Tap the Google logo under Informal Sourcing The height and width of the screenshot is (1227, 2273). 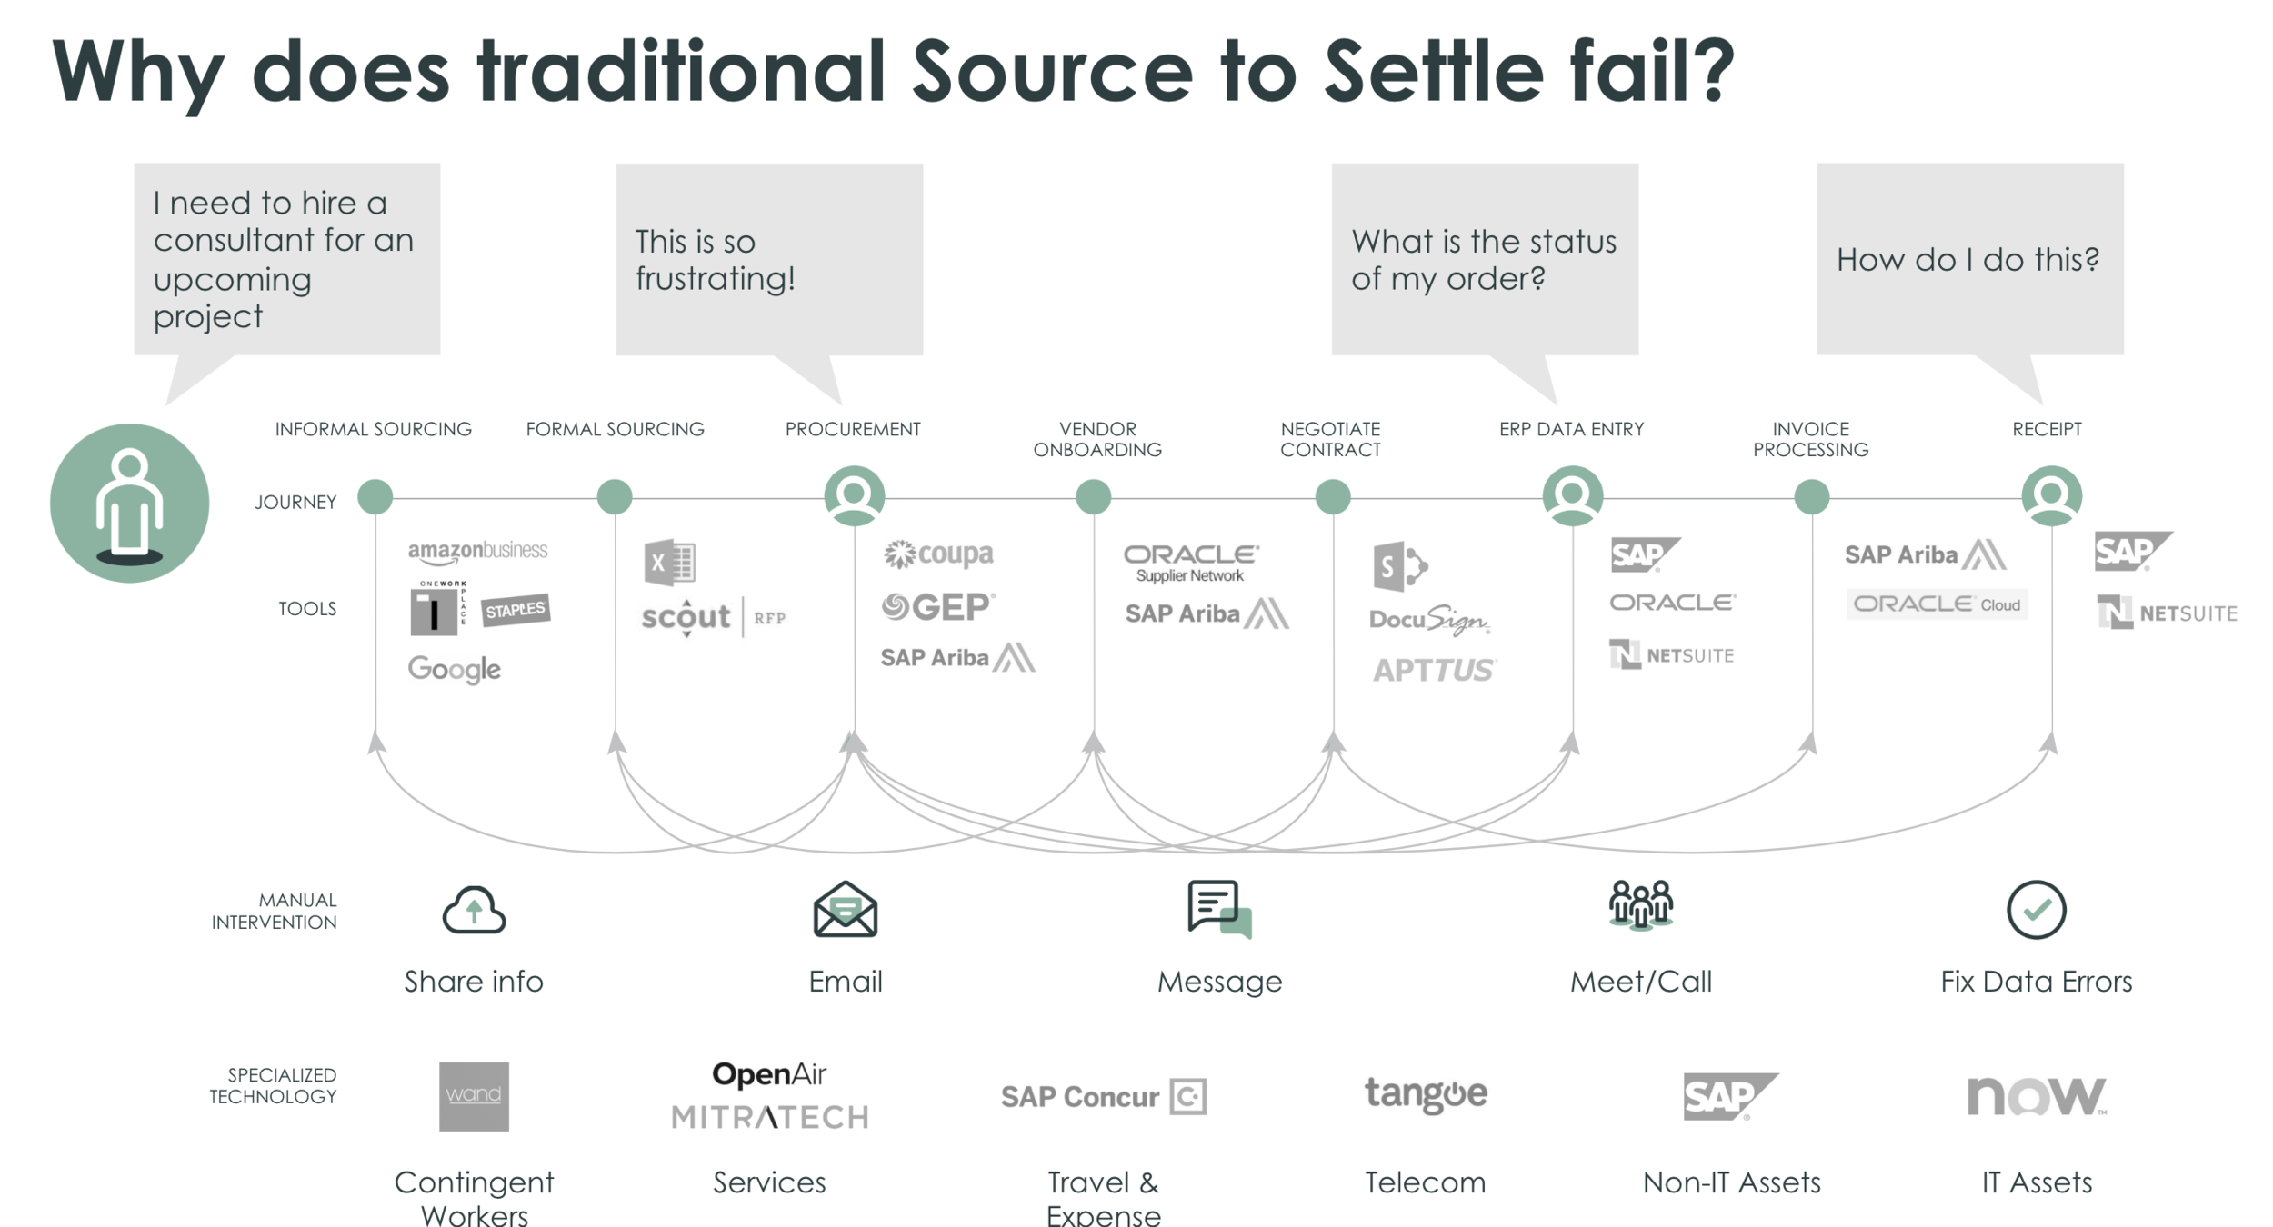[x=454, y=670]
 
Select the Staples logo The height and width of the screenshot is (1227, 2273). [x=515, y=610]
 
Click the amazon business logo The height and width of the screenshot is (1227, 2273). [x=477, y=551]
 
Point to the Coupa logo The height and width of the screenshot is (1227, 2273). [x=938, y=554]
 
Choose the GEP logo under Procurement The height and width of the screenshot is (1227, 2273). [x=938, y=607]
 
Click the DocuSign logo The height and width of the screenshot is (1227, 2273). [x=1429, y=620]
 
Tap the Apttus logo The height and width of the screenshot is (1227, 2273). [x=1434, y=671]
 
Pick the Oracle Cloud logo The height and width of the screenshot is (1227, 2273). [x=1937, y=604]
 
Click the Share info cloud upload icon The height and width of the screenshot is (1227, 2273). [x=474, y=910]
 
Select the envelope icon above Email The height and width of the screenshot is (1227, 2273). [x=845, y=910]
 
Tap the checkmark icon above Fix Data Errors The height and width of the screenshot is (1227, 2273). [x=2036, y=910]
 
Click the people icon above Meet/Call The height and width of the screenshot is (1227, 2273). [x=1640, y=905]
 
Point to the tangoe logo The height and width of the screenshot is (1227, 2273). [x=1426, y=1094]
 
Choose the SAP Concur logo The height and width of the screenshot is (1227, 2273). [x=1103, y=1097]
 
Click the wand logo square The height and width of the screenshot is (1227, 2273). [x=474, y=1096]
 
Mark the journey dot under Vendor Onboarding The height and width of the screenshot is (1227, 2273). [x=1093, y=497]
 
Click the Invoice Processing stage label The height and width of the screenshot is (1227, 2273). [x=1810, y=439]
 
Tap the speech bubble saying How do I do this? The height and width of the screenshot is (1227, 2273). [x=1969, y=260]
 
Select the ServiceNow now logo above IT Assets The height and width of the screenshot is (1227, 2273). [x=2036, y=1096]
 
